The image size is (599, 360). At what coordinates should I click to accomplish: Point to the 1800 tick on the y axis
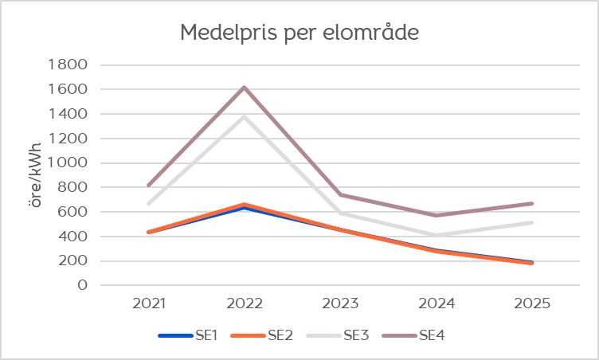coord(69,65)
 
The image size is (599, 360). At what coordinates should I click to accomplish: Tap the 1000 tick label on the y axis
coord(69,163)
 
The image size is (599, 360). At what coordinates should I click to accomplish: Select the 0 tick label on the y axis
coord(82,285)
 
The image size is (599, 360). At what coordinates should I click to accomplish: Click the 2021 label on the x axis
coord(149,303)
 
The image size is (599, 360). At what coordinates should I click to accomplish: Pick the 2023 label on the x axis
coord(340,303)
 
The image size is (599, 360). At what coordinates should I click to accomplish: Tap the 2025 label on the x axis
coord(531,303)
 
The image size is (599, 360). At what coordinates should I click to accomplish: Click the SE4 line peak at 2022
coord(245,87)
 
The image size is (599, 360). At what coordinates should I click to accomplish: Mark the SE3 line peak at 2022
coord(245,116)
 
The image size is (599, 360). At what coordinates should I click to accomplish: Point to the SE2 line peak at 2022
coord(245,205)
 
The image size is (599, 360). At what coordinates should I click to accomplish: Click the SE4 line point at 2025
coord(531,203)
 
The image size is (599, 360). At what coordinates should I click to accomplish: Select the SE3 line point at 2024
coord(436,235)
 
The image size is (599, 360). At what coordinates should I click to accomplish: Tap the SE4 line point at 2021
coord(149,185)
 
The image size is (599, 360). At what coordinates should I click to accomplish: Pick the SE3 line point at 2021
coord(149,203)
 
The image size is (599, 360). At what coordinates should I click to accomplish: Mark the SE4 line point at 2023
coord(340,194)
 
